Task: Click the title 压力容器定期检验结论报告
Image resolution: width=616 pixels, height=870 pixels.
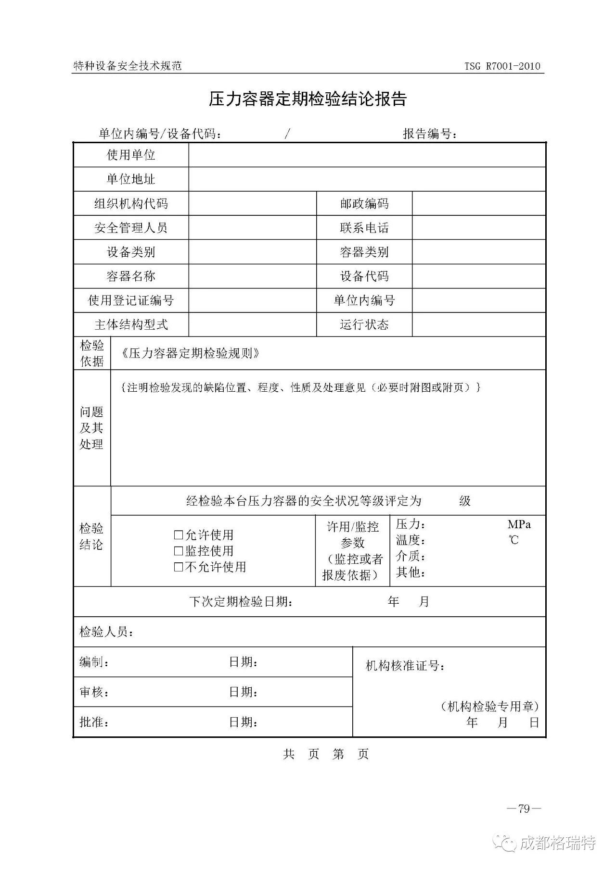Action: coord(308,99)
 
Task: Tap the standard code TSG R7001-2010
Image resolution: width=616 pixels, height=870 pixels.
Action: coord(502,66)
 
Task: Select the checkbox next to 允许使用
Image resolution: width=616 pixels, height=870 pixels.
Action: coord(179,534)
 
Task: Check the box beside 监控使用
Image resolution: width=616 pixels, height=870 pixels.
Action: coord(179,551)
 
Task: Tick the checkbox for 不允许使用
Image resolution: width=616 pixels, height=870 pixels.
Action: coord(179,567)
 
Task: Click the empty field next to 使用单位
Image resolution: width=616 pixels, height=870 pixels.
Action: coord(367,155)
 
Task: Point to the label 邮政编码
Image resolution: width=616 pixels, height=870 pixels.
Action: coord(364,204)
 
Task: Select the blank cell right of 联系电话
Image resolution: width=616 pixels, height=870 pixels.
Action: coord(478,228)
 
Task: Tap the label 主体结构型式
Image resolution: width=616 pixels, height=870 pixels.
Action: coord(131,325)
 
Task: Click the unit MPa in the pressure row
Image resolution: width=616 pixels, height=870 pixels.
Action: coord(519,524)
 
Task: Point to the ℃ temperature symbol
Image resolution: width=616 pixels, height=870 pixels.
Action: coord(514,540)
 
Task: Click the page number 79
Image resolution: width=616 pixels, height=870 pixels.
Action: coord(524,809)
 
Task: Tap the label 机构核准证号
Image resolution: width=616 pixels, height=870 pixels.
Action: coord(405,666)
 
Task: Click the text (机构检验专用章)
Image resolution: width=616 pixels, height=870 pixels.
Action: coord(489,706)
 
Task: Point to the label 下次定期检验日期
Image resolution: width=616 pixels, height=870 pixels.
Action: coord(241,601)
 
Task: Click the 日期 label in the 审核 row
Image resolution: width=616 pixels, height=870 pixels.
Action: coord(243,692)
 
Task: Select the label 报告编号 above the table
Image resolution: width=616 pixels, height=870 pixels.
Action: coord(429,134)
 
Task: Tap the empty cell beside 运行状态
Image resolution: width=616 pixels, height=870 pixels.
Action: coord(478,325)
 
